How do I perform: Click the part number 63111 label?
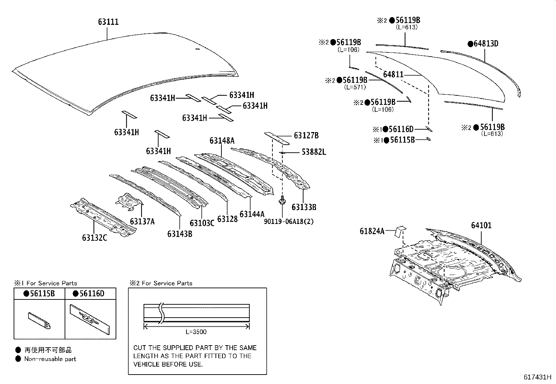pyautogui.click(x=108, y=22)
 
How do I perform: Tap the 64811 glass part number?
pyautogui.click(x=393, y=74)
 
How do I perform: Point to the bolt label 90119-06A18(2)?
pyautogui.click(x=288, y=222)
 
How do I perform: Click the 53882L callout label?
pyautogui.click(x=314, y=152)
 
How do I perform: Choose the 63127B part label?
pyautogui.click(x=306, y=136)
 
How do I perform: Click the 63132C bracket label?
pyautogui.click(x=94, y=238)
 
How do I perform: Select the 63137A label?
pyautogui.click(x=142, y=222)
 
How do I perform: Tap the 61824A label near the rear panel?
pyautogui.click(x=372, y=231)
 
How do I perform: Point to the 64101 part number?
pyautogui.click(x=481, y=225)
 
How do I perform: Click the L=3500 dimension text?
pyautogui.click(x=196, y=332)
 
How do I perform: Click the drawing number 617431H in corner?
pyautogui.click(x=537, y=377)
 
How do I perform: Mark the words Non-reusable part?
pyautogui.click(x=50, y=359)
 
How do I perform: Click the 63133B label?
pyautogui.click(x=304, y=207)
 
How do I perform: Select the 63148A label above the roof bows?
pyautogui.click(x=222, y=141)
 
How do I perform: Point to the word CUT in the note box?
pyautogui.click(x=139, y=348)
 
